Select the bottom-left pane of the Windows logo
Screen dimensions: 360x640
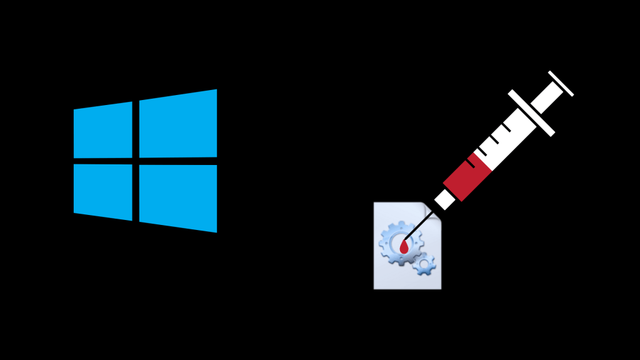103,191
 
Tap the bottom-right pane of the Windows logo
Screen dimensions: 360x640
178,197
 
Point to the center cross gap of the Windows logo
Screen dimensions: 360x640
136,161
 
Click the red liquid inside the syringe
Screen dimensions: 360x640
468,177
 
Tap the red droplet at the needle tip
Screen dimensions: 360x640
404,247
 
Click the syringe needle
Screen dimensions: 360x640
420,226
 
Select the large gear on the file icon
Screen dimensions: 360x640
400,244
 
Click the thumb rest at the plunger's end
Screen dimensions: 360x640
561,83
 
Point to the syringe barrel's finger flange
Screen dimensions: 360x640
531,112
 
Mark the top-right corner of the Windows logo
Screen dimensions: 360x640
216,91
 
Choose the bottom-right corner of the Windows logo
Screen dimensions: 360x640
216,231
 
